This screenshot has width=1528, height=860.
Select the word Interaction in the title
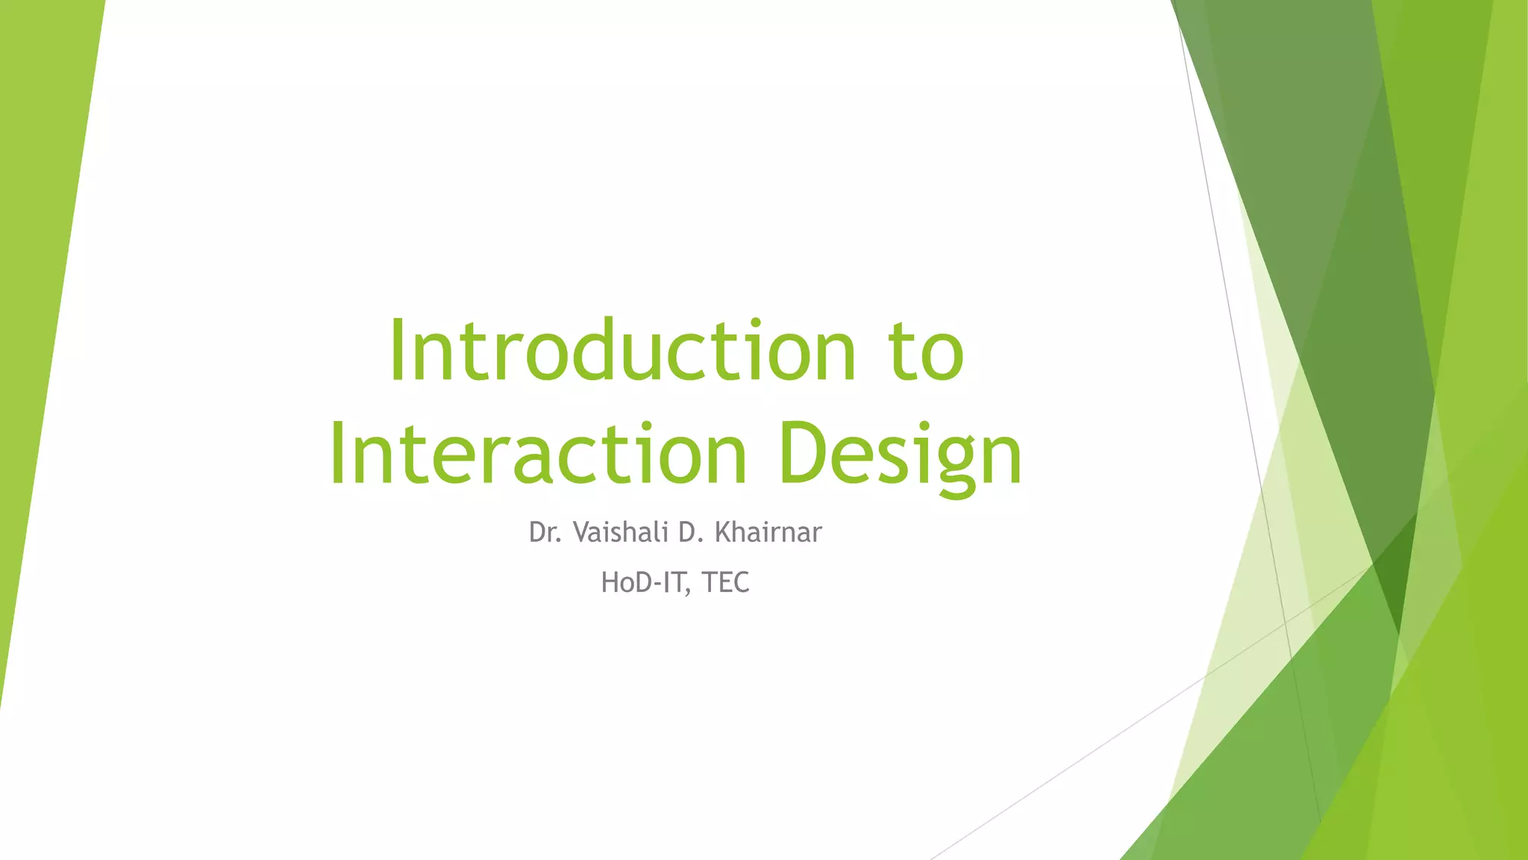[x=537, y=454]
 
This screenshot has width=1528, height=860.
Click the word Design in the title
[x=899, y=454]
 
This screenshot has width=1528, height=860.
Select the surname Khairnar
[x=768, y=532]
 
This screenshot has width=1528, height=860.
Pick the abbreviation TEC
[x=725, y=582]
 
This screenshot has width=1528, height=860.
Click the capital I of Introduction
[x=397, y=351]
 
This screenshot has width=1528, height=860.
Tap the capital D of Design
[x=802, y=454]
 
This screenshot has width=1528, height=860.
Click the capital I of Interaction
[x=338, y=454]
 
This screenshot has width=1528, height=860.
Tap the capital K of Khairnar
[x=723, y=532]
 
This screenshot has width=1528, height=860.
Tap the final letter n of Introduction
[x=834, y=358]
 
